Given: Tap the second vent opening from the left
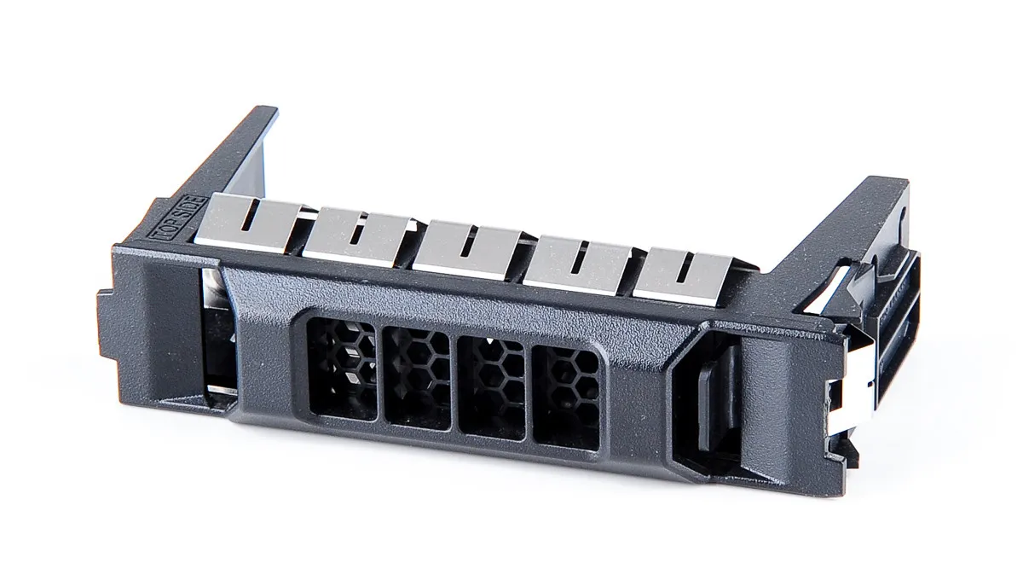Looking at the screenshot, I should coord(417,377).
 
